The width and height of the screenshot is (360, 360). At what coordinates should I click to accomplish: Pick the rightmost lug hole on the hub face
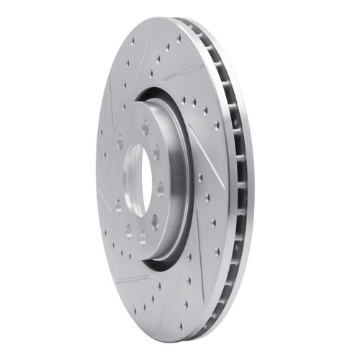(x=160, y=189)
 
